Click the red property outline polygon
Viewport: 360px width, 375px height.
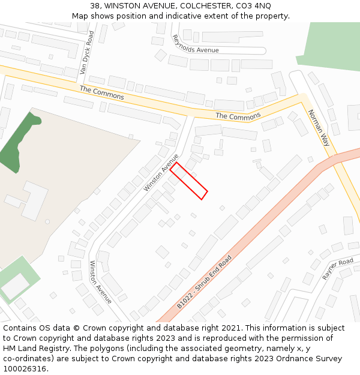[188, 181]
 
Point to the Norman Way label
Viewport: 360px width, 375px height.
[319, 128]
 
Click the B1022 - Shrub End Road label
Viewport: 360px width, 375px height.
[204, 282]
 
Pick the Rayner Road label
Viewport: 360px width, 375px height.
[338, 269]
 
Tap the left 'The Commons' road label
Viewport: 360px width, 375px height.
[102, 92]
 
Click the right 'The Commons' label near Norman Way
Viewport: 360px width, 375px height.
[238, 116]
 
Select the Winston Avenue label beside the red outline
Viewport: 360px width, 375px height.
[161, 173]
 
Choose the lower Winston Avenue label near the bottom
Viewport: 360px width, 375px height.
[101, 281]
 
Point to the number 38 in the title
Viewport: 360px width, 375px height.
[95, 5]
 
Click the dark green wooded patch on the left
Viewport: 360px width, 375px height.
[18, 141]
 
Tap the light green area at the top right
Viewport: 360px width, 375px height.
[330, 45]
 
